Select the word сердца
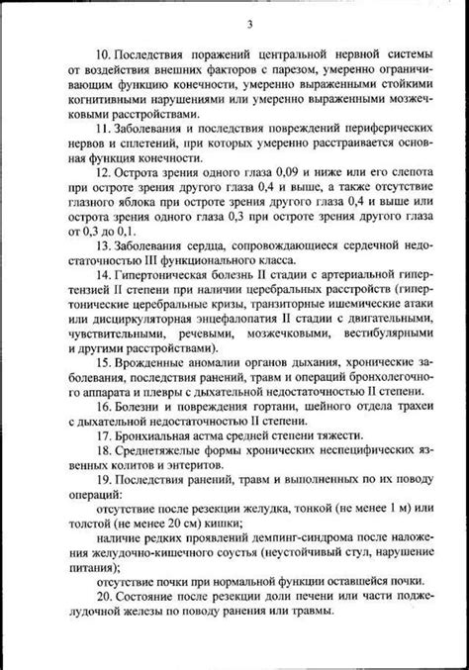coord(200,243)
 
